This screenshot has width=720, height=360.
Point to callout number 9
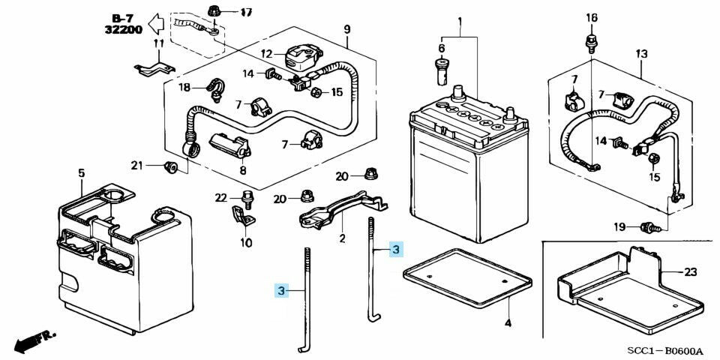[x=347, y=29]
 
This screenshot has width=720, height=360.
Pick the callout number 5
[x=81, y=174]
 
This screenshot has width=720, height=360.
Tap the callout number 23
[x=691, y=272]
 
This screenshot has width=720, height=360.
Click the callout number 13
[x=641, y=54]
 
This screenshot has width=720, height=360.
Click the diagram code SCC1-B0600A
[x=666, y=351]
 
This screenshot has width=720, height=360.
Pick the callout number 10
[x=246, y=242]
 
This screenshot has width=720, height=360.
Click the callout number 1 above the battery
[x=460, y=19]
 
